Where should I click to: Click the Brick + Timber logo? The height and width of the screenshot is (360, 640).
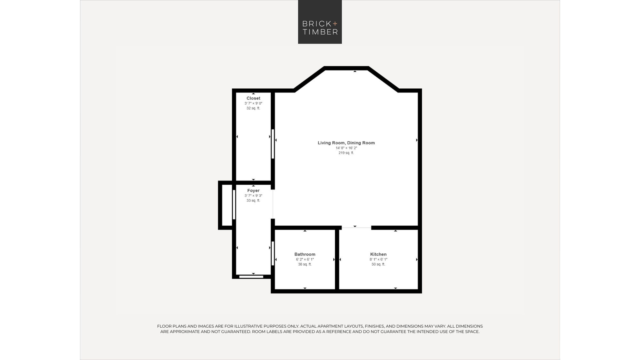320,22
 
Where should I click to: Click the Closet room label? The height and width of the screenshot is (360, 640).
253,98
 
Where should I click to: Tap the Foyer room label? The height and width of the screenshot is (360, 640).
253,190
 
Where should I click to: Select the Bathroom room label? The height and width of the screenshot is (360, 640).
305,254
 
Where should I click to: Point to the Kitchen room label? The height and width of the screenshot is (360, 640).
378,254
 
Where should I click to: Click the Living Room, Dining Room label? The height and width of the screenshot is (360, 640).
346,143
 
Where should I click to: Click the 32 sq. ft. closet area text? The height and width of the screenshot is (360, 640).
253,108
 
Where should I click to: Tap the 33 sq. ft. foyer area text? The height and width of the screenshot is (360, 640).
253,200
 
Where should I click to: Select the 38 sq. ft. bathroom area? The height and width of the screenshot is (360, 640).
305,264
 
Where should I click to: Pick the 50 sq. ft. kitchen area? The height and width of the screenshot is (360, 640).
378,264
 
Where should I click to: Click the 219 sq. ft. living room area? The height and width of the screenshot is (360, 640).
346,153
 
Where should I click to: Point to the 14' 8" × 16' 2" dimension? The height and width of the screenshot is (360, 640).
346,148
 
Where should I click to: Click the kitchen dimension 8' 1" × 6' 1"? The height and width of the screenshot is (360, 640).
378,259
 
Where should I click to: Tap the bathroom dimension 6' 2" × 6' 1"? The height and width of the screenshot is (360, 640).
305,259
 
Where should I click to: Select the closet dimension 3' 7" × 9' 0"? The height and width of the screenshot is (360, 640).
253,103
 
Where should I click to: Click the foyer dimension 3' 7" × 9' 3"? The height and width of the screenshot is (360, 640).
253,196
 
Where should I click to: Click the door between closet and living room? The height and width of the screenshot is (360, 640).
273,144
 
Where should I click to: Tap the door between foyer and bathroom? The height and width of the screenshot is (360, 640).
273,253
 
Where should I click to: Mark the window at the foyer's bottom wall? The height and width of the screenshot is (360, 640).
251,276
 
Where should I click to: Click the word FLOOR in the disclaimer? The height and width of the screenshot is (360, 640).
164,326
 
